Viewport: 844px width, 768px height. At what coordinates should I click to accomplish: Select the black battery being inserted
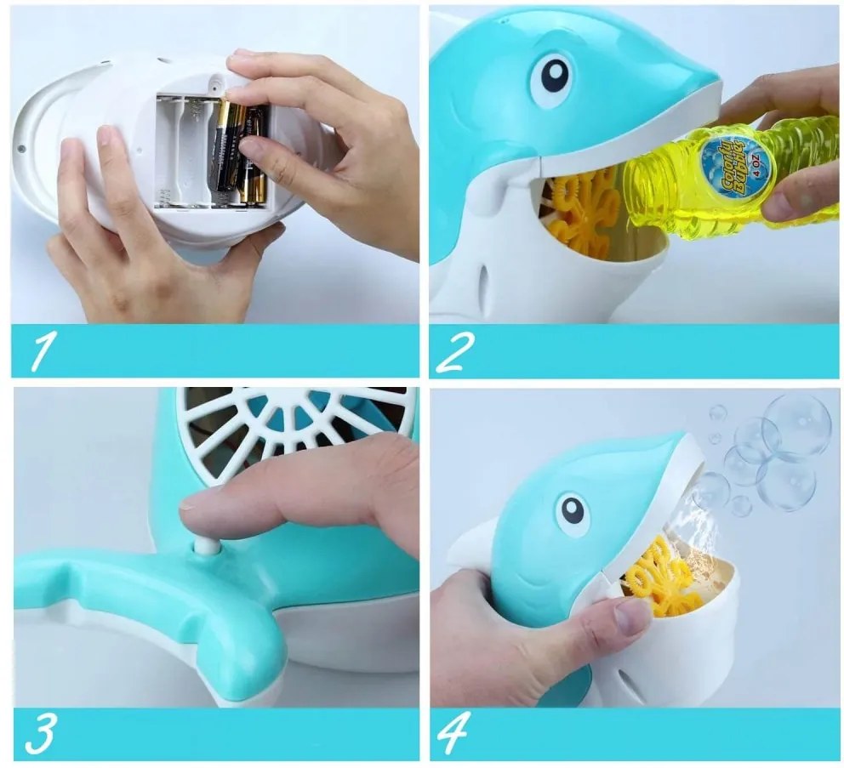point(229,147)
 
